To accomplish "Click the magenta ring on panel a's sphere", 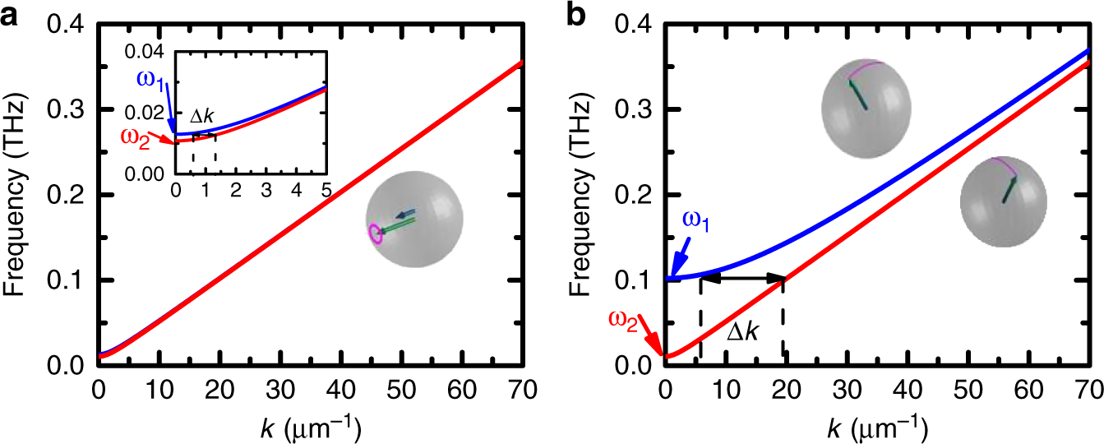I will click(376, 234).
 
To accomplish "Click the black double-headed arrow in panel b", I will click(742, 280).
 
